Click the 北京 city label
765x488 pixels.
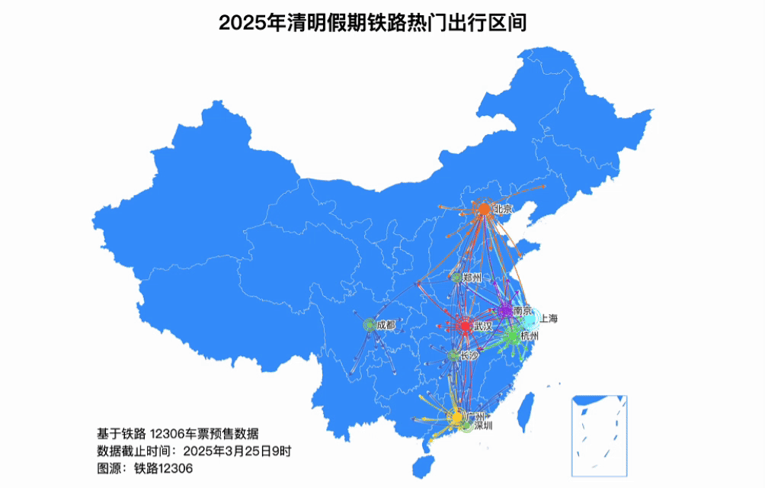[x=503, y=208]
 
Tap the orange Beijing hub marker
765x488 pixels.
[x=484, y=209]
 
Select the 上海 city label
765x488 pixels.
[x=549, y=319]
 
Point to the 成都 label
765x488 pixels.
[x=386, y=326]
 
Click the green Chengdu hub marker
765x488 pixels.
[x=370, y=326]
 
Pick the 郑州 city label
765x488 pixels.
[x=472, y=278]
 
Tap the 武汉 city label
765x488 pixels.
[x=483, y=326]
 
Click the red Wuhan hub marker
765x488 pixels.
[x=466, y=326]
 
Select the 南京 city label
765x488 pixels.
[x=523, y=310]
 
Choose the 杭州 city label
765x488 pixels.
[x=530, y=335]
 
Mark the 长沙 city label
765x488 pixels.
[x=470, y=355]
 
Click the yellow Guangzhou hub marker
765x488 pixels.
[x=457, y=418]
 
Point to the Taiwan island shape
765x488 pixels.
[x=525, y=412]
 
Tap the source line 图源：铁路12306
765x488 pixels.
[x=145, y=468]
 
